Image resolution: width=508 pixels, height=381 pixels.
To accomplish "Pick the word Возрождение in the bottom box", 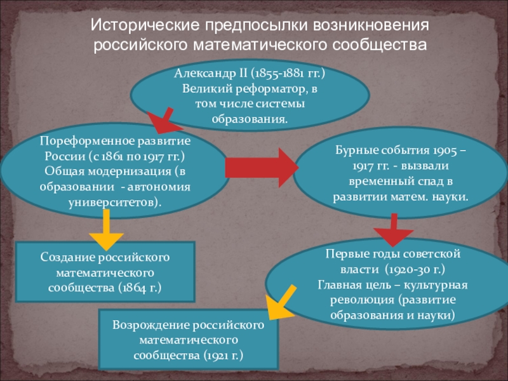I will pos(148,325).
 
